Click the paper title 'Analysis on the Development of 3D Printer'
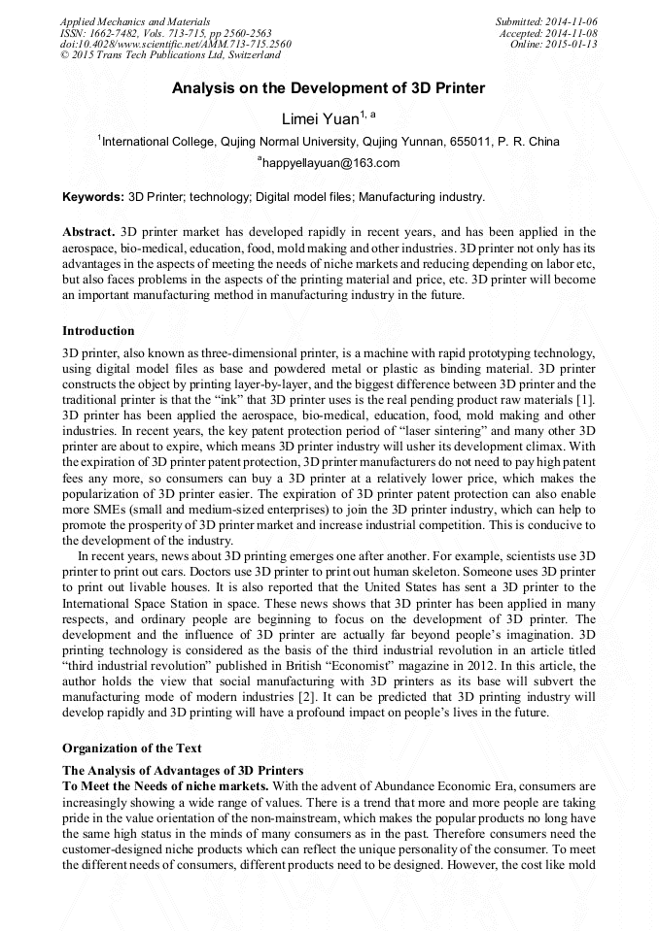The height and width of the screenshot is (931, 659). pos(329,88)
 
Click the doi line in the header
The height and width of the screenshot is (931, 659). pos(175,44)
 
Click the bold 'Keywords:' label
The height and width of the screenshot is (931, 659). pos(93,197)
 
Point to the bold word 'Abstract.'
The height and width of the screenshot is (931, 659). pos(88,233)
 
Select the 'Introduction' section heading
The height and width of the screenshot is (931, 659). pos(98,331)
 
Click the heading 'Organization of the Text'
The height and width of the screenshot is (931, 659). pos(131,748)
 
